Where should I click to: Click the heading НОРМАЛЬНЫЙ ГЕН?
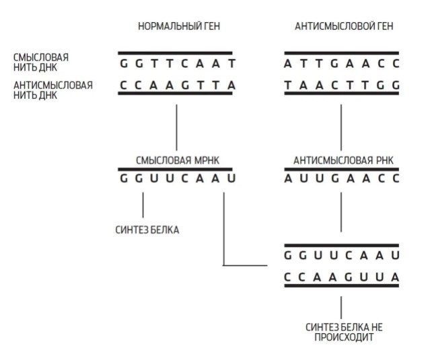tap(179, 26)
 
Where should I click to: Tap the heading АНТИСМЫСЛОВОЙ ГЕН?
tap(344, 26)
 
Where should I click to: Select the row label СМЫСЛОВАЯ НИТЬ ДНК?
tap(41, 63)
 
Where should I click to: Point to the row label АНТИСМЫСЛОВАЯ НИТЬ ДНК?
tap(53, 90)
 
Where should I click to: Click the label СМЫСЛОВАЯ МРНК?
tap(178, 160)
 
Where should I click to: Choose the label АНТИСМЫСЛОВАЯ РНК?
tap(343, 160)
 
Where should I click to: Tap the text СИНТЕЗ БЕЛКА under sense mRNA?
tap(147, 230)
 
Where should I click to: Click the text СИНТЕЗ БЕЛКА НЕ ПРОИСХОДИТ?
tap(344, 332)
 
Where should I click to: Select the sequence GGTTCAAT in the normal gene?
tap(178, 64)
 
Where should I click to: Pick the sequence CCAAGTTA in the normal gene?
tap(178, 85)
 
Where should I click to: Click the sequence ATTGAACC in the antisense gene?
tap(342, 64)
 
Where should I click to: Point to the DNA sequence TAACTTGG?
tap(342, 85)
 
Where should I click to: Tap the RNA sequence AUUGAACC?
tap(342, 178)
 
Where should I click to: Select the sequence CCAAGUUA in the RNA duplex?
tap(342, 277)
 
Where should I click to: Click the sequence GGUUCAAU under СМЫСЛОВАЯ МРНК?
tap(178, 178)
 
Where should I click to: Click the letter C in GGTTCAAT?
tap(184, 64)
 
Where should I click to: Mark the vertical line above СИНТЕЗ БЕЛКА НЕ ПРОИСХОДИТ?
tap(341, 308)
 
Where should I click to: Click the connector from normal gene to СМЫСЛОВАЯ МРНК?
tap(176, 128)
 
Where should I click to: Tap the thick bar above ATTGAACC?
tap(341, 52)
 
